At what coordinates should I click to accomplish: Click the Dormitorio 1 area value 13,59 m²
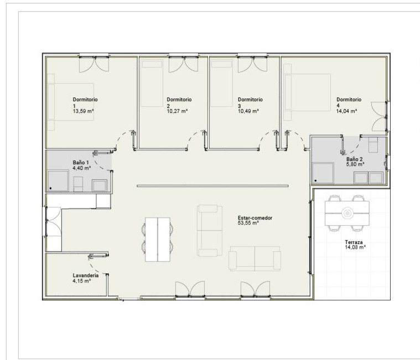tap(83, 111)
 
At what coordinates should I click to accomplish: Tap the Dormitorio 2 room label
tap(179, 102)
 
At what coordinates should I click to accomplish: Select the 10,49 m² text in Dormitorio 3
tap(248, 111)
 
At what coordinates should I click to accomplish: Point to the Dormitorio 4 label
tap(349, 102)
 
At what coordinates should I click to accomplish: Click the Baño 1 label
tap(81, 163)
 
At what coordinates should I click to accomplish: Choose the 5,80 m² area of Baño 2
tap(355, 164)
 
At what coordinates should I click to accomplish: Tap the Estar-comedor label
tap(255, 218)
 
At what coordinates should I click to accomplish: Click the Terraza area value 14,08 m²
tap(355, 247)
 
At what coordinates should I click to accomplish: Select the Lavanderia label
tap(86, 275)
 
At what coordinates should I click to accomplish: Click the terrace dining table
tap(347, 213)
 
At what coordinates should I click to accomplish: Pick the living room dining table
tap(158, 239)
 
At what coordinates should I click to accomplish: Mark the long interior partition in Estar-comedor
tap(212, 186)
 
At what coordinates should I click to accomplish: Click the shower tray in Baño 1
tap(58, 181)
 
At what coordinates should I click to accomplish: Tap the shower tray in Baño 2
tap(323, 173)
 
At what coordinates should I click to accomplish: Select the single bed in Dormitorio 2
tap(152, 83)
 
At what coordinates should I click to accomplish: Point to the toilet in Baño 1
tap(78, 184)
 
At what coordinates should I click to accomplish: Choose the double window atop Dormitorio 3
tap(252, 64)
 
